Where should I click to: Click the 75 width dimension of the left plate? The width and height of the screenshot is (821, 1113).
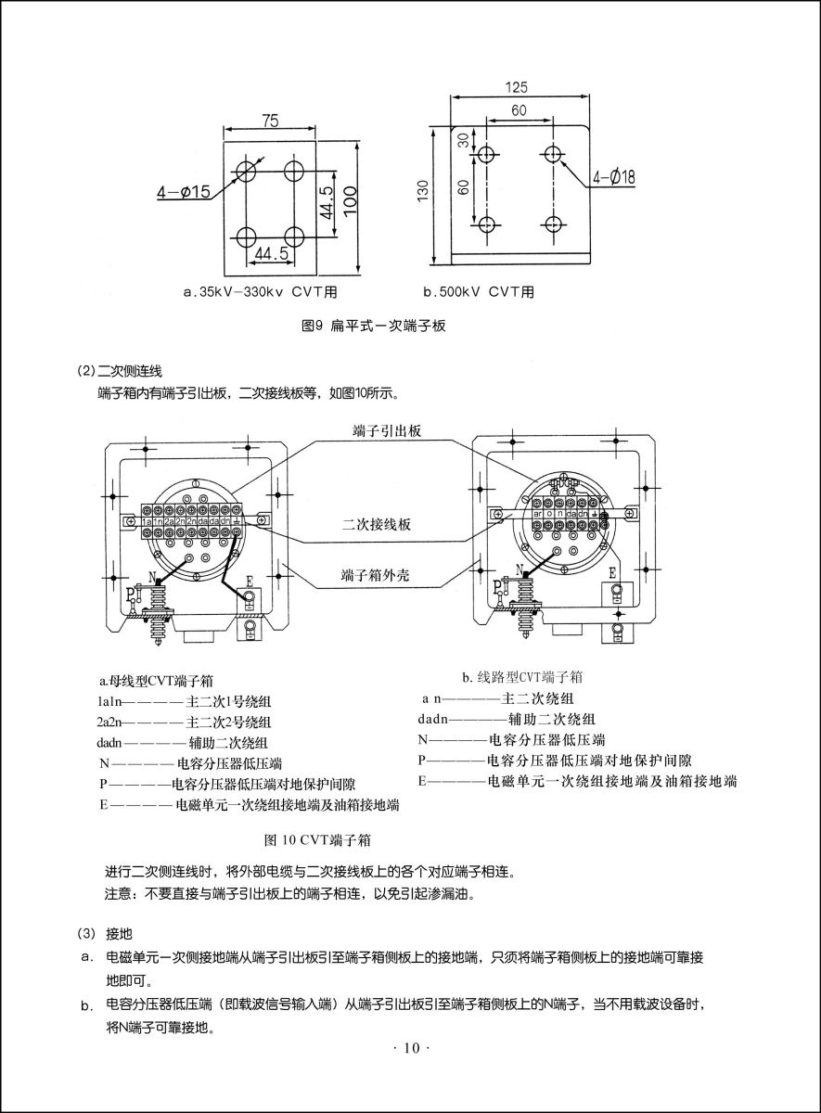269,121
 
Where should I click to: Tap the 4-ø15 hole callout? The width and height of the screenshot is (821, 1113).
184,192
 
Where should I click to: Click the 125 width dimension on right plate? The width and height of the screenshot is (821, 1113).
517,87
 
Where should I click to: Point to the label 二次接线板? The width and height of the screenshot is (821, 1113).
377,524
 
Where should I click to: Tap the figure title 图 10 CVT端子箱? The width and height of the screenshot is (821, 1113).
318,840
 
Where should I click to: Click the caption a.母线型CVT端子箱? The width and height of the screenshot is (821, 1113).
157,680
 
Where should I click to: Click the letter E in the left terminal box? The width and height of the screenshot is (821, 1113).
250,582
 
